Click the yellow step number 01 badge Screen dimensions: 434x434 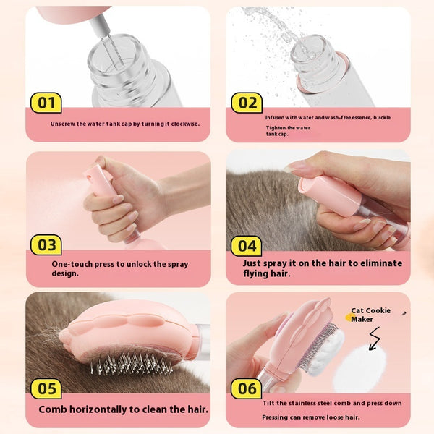46,103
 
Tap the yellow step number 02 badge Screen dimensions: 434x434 247,103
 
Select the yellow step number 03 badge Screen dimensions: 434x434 46,245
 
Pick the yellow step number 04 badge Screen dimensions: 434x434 247,246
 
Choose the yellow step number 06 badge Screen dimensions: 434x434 247,389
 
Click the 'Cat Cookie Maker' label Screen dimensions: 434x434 370,315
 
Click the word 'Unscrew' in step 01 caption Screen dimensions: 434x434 63,124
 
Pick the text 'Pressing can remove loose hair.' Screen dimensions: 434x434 310,417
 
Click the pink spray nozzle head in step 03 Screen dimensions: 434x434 96,176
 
